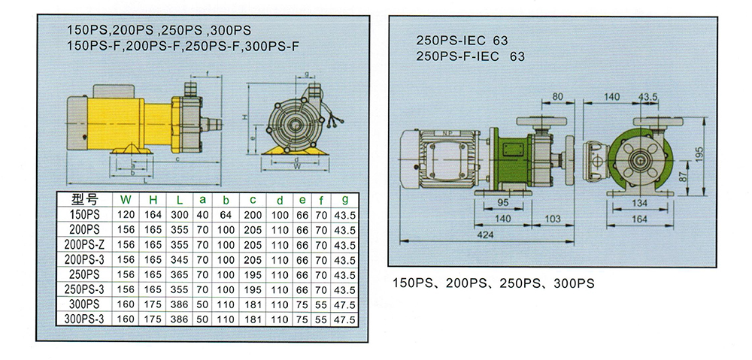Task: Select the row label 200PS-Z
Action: click(x=83, y=244)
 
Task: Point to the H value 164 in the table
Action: click(x=150, y=214)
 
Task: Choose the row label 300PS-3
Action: click(x=83, y=319)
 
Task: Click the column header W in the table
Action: click(x=125, y=200)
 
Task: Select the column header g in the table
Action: click(x=345, y=200)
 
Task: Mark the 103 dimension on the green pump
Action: click(x=551, y=219)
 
